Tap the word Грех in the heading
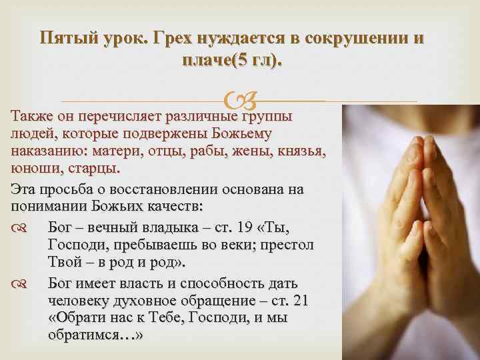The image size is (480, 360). point(176,37)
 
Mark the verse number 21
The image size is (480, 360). point(300,299)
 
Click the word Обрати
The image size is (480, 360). point(77,317)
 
